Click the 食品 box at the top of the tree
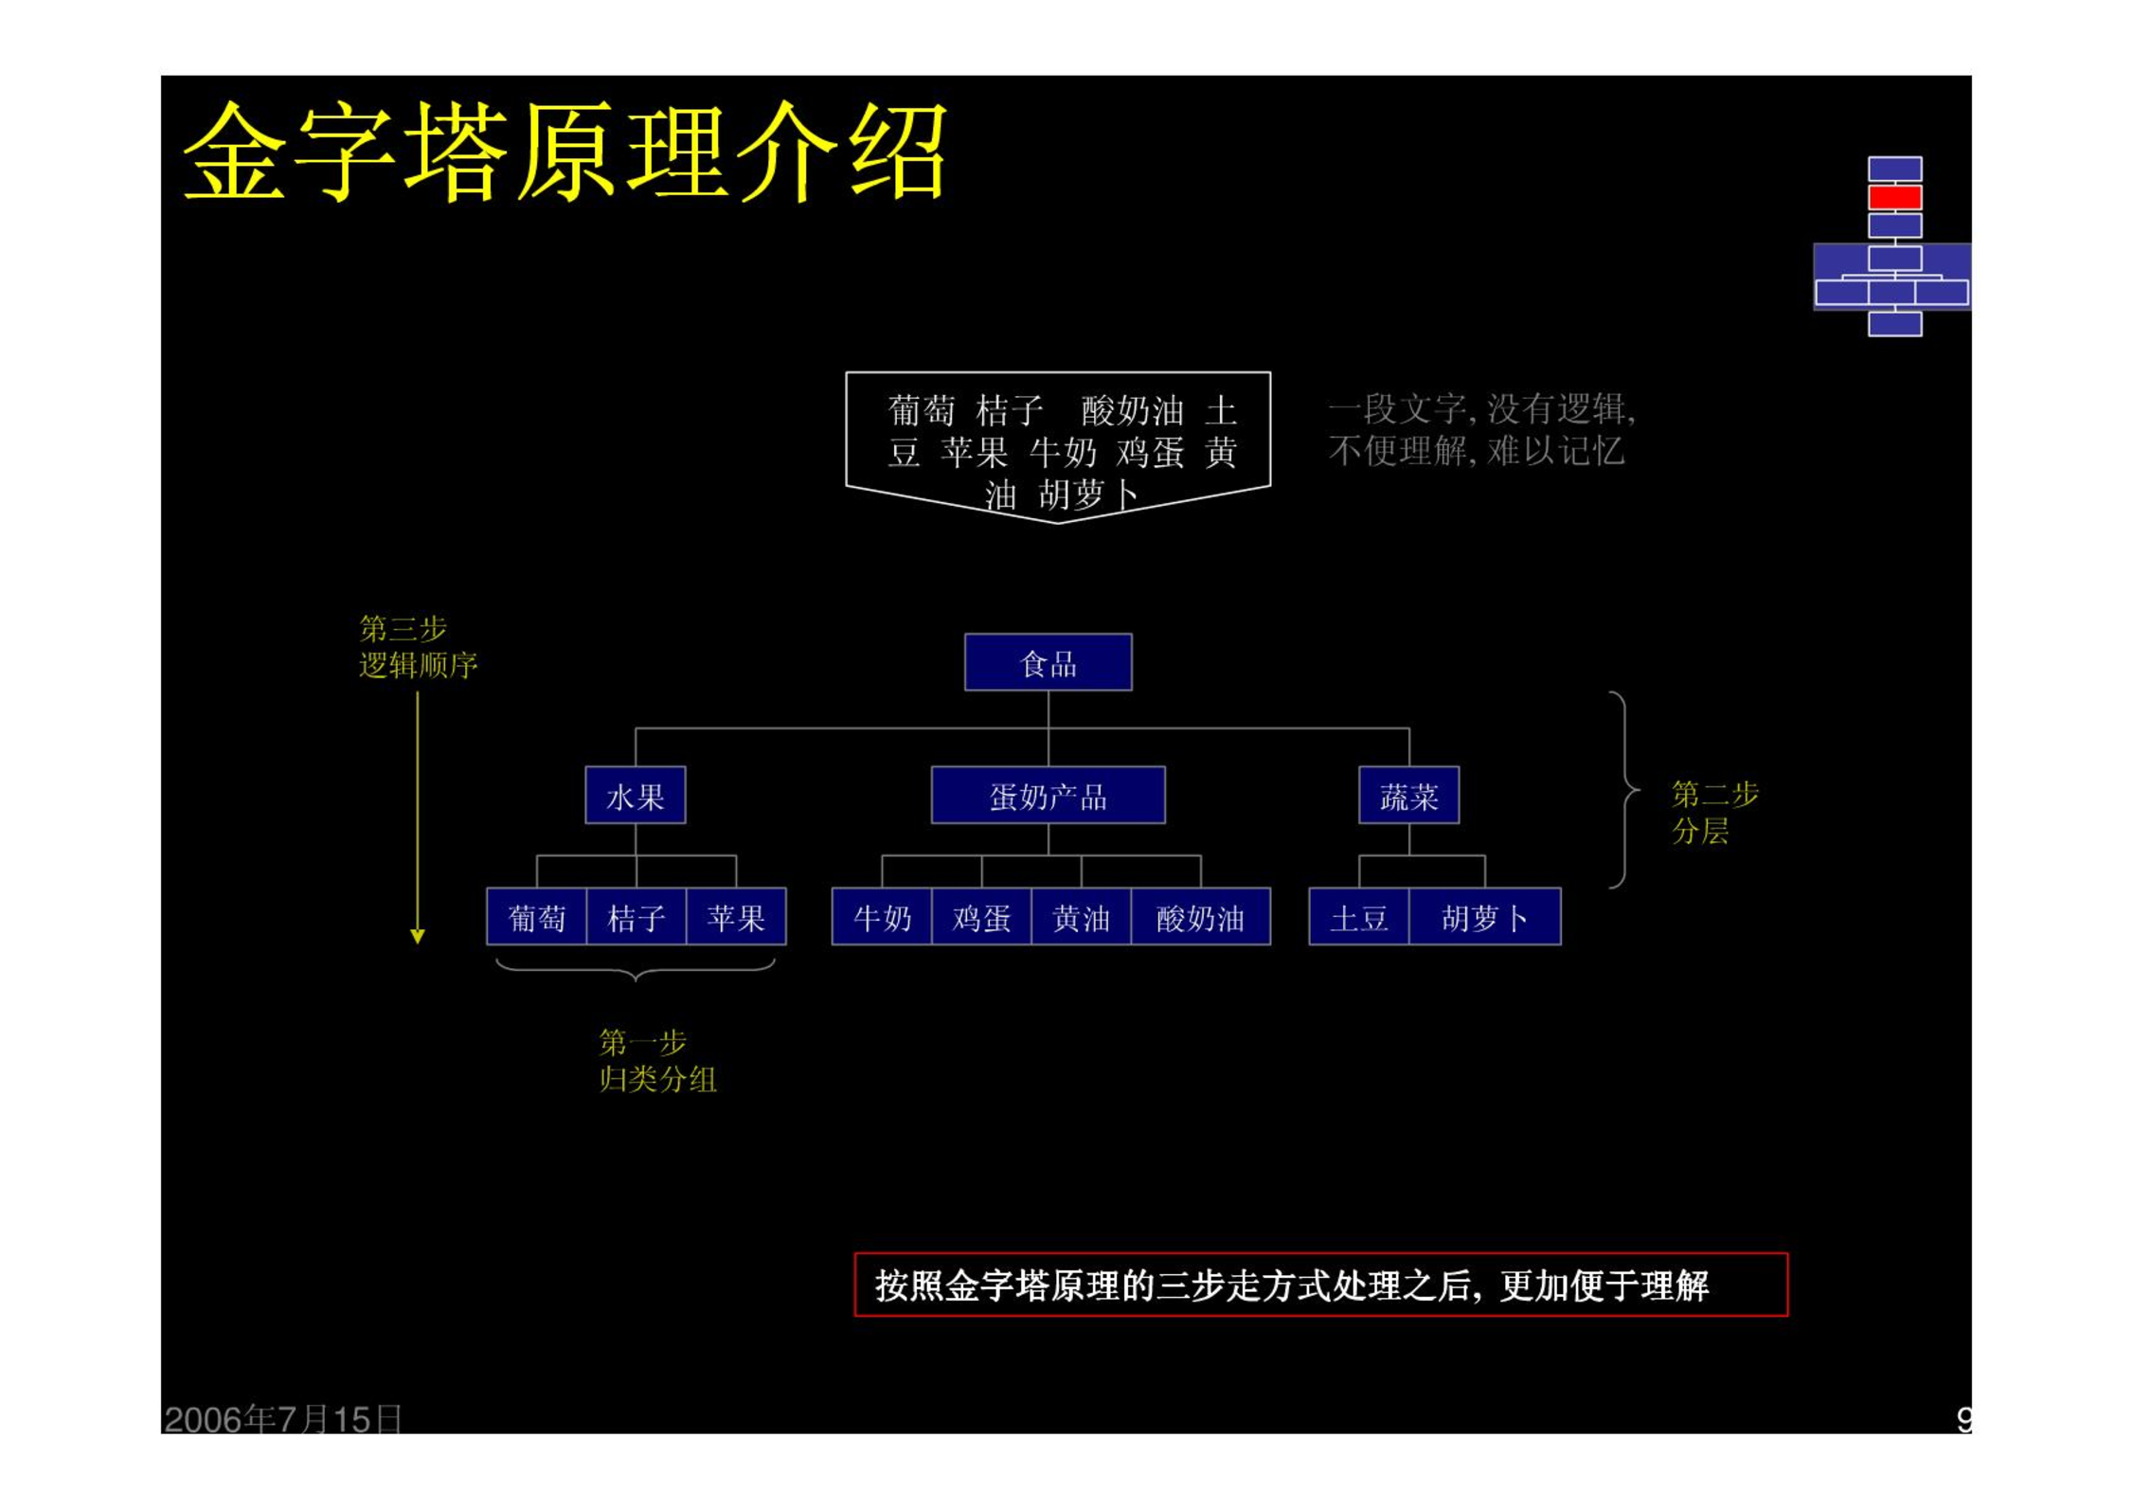pos(1048,662)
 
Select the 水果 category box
pos(635,795)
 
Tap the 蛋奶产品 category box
pos(1048,795)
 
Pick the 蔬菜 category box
pos(1408,795)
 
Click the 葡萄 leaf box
pos(536,916)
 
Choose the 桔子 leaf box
pos(636,916)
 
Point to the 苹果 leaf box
pos(736,916)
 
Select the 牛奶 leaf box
pos(882,916)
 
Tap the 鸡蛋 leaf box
pos(981,916)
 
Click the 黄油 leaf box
pos(1081,916)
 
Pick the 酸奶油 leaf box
pos(1200,916)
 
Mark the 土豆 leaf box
pos(1359,916)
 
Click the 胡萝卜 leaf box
pos(1484,916)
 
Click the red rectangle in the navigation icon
pos(1894,197)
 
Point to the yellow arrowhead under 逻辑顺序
pos(418,936)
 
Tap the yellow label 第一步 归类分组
pos(657,1060)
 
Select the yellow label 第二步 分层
pos(1714,812)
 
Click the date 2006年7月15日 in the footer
pos(282,1419)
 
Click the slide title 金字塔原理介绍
pos(565,152)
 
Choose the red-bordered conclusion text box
pos(1320,1285)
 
